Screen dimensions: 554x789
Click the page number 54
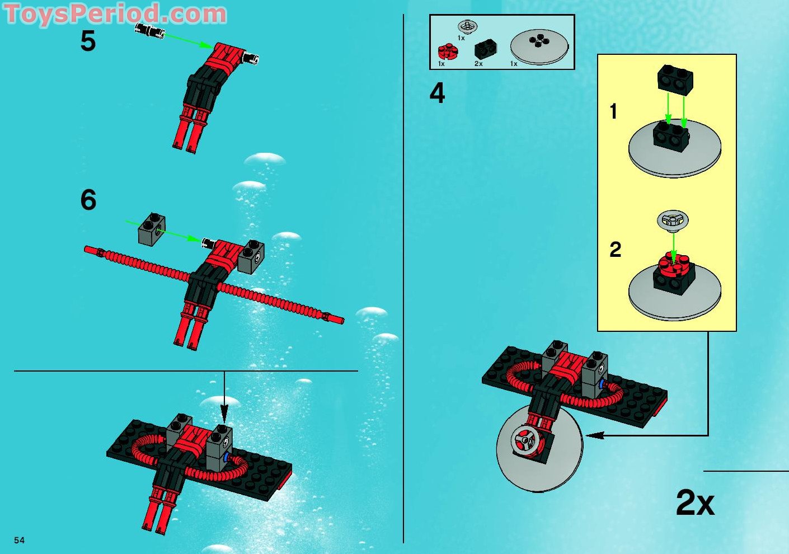(20, 540)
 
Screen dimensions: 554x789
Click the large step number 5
(88, 42)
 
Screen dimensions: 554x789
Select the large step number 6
(88, 200)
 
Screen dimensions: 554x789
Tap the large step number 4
(437, 93)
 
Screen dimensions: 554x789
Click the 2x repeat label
(695, 503)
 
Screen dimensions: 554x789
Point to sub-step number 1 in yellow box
(613, 111)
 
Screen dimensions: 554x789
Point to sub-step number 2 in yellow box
(615, 250)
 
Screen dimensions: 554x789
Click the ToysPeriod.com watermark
(115, 13)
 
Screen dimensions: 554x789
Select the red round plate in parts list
(448, 52)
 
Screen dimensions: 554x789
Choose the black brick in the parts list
(486, 50)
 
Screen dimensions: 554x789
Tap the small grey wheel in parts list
(467, 26)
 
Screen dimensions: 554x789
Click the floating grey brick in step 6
(152, 229)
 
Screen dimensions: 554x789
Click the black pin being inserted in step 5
(150, 31)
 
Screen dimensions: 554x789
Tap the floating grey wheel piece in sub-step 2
(672, 220)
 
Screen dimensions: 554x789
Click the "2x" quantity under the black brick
(478, 64)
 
